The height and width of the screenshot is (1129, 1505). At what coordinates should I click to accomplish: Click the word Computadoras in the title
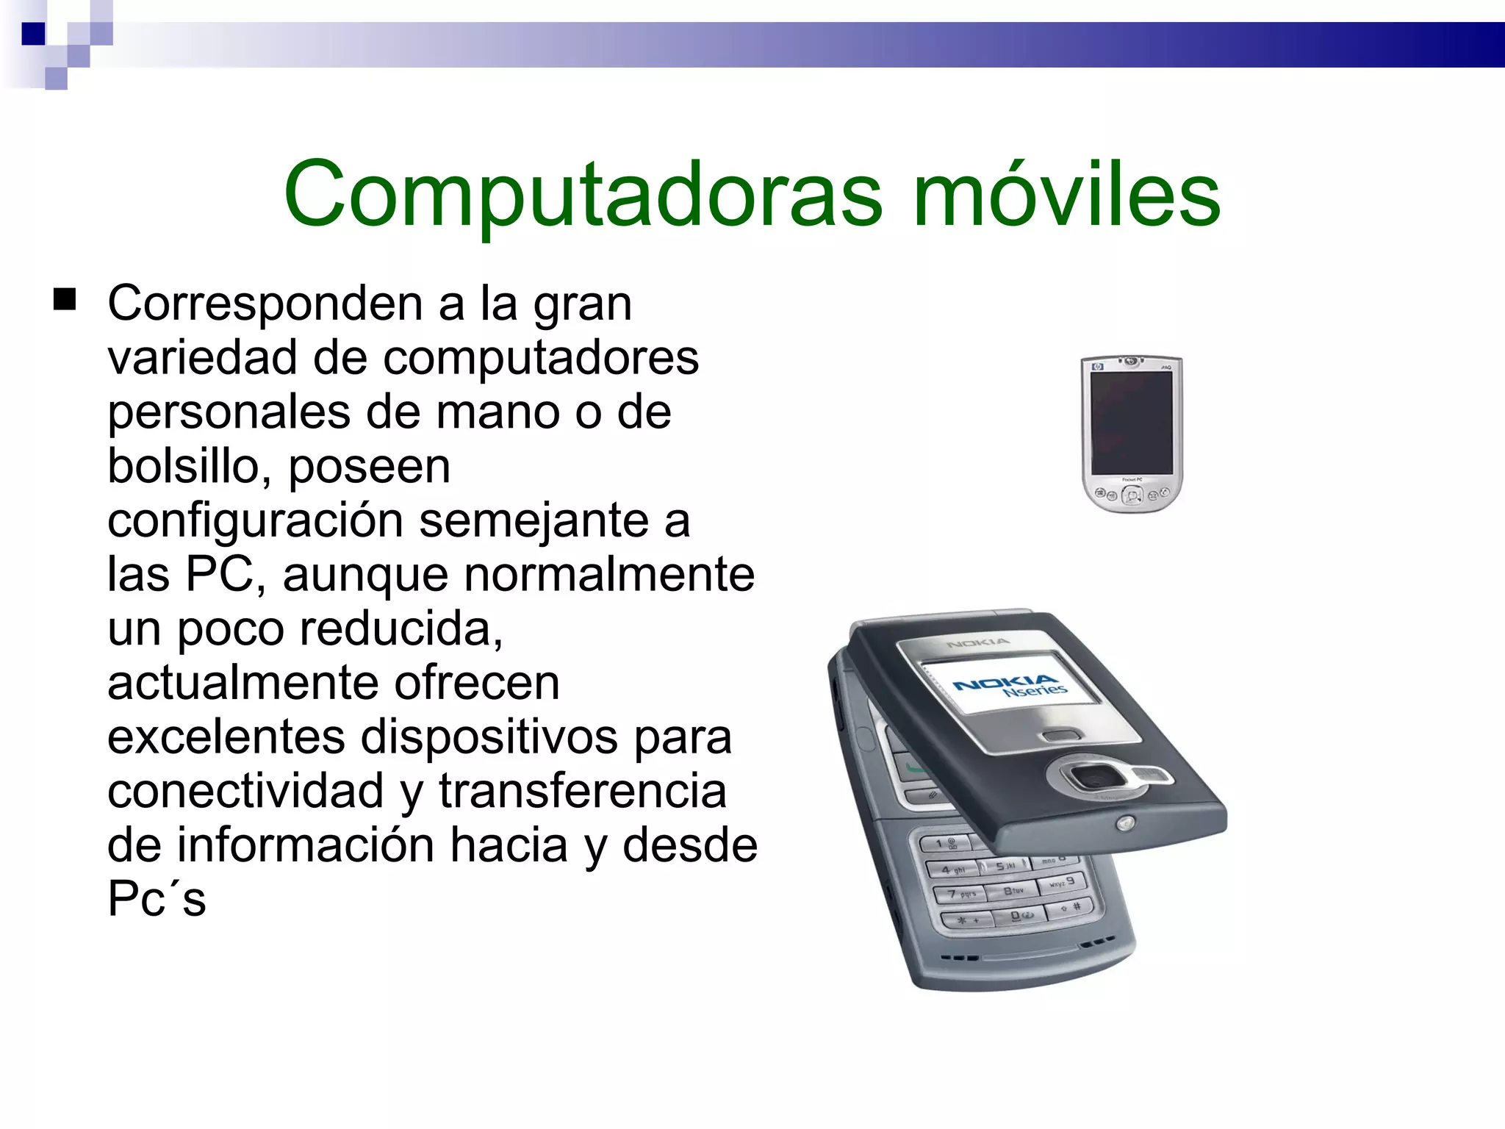(582, 195)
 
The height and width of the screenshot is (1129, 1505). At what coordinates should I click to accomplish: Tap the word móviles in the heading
(1066, 195)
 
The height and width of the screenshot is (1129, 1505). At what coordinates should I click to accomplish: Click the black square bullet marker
(65, 300)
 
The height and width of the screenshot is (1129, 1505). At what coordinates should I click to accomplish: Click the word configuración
(255, 521)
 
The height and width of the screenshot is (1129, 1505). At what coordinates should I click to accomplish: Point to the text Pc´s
(157, 900)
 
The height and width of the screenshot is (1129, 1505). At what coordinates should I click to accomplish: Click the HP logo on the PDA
(1099, 366)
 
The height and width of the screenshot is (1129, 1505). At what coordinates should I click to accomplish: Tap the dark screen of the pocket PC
(1132, 422)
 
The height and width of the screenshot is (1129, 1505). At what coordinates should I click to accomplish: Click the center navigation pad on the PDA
(1132, 496)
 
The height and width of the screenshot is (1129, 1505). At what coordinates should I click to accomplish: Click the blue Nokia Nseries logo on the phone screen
(1010, 686)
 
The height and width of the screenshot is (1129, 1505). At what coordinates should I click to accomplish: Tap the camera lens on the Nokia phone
(1093, 777)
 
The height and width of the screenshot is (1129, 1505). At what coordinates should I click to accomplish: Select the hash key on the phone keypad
(1077, 907)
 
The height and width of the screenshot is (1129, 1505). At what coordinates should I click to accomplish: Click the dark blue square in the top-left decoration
(33, 34)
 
